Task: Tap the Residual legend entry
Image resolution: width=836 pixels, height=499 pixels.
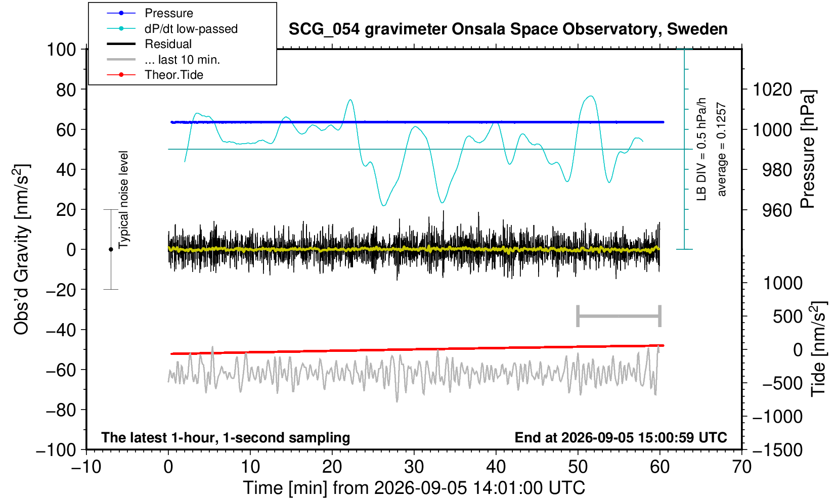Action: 149,44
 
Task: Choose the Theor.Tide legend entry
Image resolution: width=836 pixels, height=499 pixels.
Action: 155,75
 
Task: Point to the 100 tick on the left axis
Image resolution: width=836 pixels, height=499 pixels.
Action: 61,50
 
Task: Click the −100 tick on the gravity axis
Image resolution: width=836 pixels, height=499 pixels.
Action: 56,450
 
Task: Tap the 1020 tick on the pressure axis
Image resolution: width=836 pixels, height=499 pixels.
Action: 772,89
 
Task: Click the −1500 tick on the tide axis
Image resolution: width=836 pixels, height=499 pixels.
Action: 777,450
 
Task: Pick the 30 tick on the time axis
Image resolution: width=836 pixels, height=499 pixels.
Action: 414,467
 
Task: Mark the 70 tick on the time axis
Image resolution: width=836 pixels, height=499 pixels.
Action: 741,467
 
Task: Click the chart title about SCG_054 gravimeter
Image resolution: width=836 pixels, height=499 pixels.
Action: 508,29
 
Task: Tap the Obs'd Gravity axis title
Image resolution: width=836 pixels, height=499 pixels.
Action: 21,249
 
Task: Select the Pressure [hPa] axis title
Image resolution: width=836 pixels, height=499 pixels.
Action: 808,149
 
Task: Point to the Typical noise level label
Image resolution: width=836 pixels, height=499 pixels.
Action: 123,200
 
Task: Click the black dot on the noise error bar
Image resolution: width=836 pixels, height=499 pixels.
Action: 111,249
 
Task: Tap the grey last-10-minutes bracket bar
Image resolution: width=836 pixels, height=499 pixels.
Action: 619,316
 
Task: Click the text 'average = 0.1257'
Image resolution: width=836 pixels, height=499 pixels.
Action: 722,149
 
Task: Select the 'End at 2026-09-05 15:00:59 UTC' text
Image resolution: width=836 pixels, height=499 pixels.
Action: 621,437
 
